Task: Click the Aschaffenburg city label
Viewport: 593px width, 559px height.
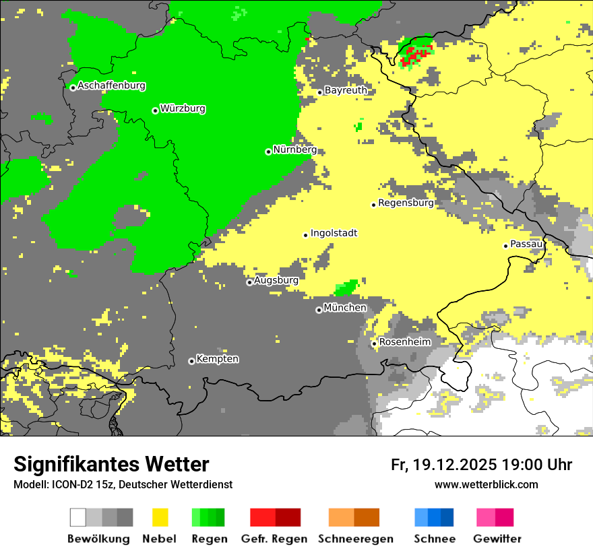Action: pyautogui.click(x=111, y=86)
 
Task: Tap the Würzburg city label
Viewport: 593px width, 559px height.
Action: pyautogui.click(x=183, y=109)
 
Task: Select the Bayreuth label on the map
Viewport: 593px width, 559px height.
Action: pyautogui.click(x=346, y=90)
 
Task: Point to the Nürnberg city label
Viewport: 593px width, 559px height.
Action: pyautogui.click(x=294, y=150)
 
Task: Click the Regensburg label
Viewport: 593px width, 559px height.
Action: pyautogui.click(x=406, y=203)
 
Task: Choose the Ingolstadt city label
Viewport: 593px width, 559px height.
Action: pyautogui.click(x=334, y=234)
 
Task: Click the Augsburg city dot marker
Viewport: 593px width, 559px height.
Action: pyautogui.click(x=249, y=282)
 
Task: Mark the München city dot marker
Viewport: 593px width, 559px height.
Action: pyautogui.click(x=319, y=310)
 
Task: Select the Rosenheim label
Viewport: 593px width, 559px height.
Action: pyautogui.click(x=404, y=342)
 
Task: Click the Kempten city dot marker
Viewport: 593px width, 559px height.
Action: pyautogui.click(x=191, y=361)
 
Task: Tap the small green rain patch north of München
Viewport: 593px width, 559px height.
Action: pyautogui.click(x=346, y=288)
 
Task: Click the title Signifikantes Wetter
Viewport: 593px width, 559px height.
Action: pyautogui.click(x=111, y=465)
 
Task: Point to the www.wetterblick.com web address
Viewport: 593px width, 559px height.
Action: pyautogui.click(x=486, y=485)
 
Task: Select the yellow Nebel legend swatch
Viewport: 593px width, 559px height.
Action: pyautogui.click(x=160, y=517)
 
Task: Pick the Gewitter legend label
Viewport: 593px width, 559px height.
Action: pyautogui.click(x=497, y=539)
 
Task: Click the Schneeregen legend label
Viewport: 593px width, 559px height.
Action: pyautogui.click(x=354, y=539)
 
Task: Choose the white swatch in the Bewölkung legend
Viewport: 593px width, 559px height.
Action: pyautogui.click(x=78, y=517)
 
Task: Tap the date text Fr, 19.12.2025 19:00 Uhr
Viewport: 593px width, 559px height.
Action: pyautogui.click(x=481, y=465)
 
